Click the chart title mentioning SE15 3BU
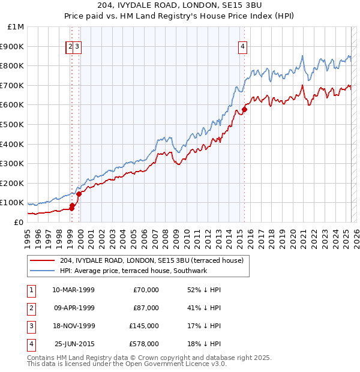[x=180, y=7]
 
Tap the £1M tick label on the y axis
[x=16, y=26]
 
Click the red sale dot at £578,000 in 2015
[x=244, y=109]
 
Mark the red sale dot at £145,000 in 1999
[x=79, y=193]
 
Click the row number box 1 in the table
[x=31, y=290]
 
